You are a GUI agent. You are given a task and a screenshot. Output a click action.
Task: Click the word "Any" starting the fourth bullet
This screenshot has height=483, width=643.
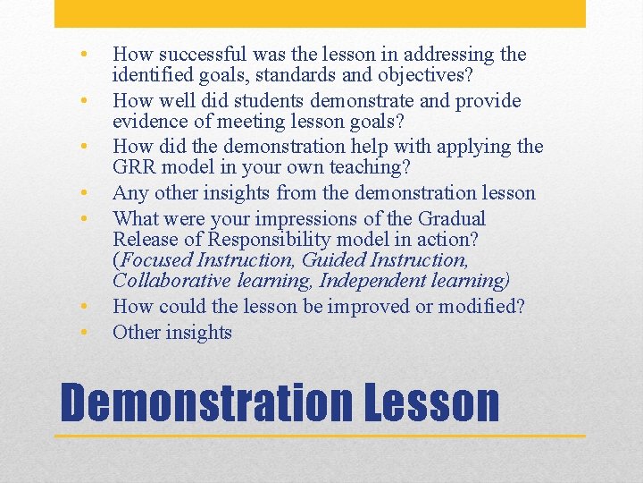129,193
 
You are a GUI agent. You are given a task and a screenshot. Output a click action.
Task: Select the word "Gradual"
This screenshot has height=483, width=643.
453,217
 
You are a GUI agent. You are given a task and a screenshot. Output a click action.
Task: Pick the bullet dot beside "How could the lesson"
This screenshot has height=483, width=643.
82,306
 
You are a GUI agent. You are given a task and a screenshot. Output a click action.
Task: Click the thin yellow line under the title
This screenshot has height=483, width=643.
321,436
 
